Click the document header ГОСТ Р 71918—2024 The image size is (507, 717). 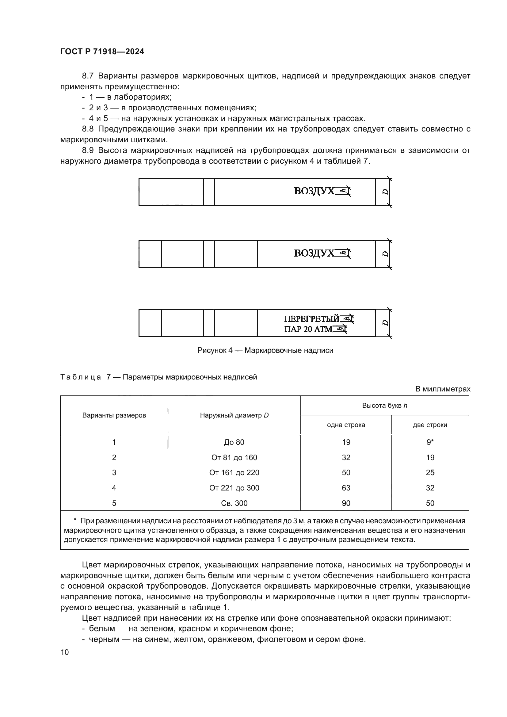102,52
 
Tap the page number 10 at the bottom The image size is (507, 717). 65,652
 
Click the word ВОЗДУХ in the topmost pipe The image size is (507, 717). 314,191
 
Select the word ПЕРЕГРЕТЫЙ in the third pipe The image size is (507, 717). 311,319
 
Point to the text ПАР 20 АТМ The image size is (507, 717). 308,329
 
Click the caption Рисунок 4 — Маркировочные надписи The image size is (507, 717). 265,350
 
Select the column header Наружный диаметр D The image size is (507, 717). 234,415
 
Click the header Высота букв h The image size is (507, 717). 384,406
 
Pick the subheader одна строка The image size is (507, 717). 345,425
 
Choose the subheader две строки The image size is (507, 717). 430,425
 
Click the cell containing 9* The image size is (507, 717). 430,442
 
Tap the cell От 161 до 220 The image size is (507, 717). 234,472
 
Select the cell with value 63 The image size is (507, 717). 346,488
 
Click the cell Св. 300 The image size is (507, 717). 234,503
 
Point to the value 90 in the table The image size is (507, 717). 346,503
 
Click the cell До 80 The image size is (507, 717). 234,442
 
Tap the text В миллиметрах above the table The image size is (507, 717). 442,389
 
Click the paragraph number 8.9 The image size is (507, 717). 88,151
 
